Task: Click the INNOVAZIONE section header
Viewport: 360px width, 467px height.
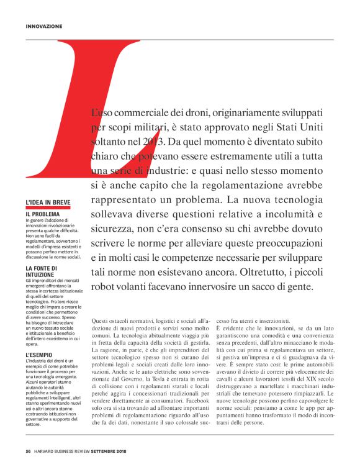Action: tap(45, 27)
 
